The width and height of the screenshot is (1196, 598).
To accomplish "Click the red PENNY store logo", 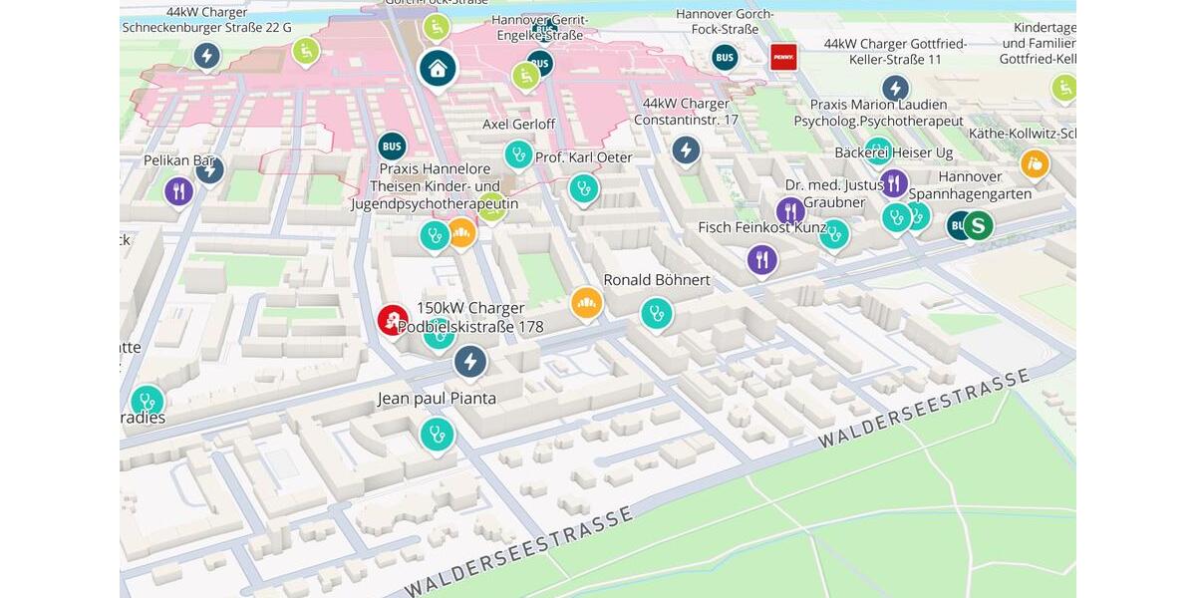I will click(783, 57).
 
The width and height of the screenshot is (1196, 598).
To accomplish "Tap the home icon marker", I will click(437, 68).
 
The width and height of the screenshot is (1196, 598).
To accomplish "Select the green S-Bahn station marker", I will click(979, 225).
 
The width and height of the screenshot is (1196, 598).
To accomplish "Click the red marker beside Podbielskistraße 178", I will click(392, 320).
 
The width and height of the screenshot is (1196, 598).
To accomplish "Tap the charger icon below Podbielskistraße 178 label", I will click(470, 361).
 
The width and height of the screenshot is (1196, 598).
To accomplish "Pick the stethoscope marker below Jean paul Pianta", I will click(437, 434).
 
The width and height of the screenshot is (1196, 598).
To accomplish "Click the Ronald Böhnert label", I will click(657, 280).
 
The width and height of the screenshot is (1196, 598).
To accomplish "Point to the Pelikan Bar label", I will click(179, 159).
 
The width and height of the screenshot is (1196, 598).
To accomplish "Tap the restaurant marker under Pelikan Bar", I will click(178, 190).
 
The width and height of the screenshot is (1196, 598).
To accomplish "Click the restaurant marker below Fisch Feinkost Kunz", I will click(762, 260).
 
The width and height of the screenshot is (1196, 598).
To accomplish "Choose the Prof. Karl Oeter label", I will click(583, 157).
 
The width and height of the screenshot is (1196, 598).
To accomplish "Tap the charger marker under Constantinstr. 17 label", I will click(686, 150).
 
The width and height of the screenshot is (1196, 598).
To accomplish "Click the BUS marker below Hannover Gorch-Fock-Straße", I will click(725, 58).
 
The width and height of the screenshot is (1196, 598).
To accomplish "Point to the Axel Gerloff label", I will click(518, 125).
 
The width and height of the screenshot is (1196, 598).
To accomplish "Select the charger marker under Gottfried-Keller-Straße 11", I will click(895, 89).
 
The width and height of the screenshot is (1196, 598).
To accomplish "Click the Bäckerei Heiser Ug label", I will click(893, 151).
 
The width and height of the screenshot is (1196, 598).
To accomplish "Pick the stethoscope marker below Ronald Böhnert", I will click(656, 313).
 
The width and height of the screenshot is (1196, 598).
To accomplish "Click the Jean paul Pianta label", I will click(437, 399).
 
